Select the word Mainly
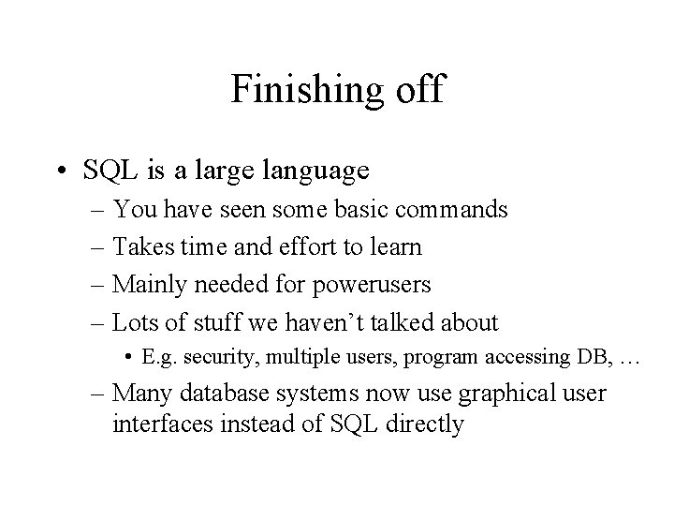pos(143,285)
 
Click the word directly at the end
pos(421,424)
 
